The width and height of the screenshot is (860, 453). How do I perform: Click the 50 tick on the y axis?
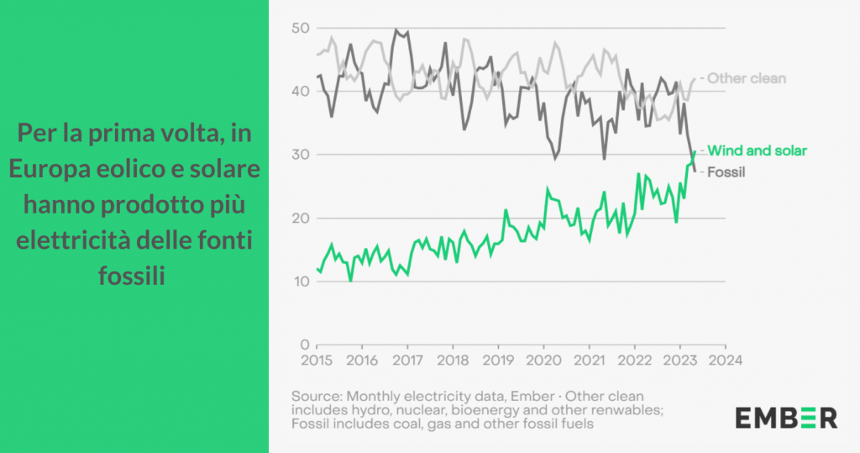[300, 29]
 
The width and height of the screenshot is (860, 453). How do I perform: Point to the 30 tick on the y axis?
[300, 155]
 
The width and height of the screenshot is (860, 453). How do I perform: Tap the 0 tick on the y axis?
[305, 345]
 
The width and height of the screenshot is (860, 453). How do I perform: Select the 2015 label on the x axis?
[316, 360]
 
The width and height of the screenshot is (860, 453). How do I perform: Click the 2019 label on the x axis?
[498, 360]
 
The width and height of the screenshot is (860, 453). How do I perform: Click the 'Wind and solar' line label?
[757, 150]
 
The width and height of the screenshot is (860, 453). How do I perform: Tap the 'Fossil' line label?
[727, 172]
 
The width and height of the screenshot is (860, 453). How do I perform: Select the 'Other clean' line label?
[747, 78]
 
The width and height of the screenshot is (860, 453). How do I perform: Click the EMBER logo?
[786, 417]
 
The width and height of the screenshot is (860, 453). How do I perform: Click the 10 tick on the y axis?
[300, 282]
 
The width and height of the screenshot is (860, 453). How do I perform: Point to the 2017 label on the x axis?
[407, 360]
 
